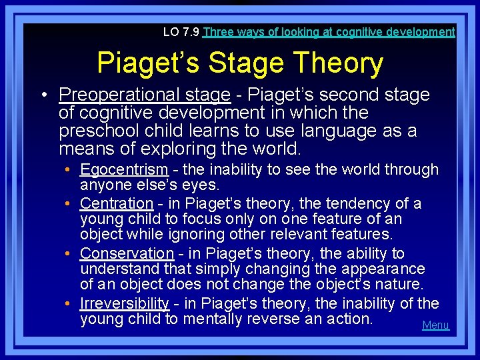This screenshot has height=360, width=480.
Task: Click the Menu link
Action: pos(435,325)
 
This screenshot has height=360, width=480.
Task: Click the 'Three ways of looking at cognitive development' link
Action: pos(329,32)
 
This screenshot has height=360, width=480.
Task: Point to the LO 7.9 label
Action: pos(181,32)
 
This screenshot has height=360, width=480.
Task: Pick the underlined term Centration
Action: pos(117,203)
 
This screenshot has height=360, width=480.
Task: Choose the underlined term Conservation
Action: pos(127,253)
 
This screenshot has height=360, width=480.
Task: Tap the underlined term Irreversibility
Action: pos(124,303)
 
